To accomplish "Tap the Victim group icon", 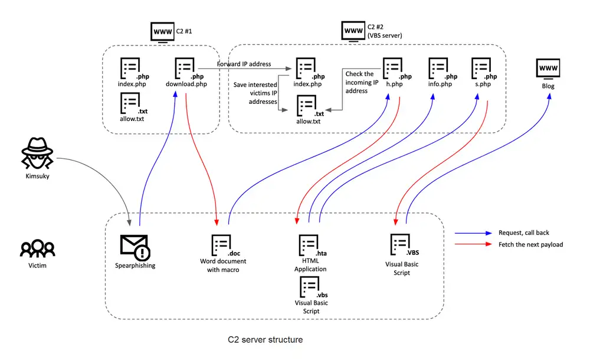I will (x=37, y=248).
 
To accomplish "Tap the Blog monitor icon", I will (x=548, y=70).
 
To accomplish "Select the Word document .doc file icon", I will (x=221, y=246).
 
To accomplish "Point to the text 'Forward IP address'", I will (x=244, y=64).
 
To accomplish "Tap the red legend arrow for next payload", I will (x=473, y=244).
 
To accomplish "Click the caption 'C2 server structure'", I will (x=265, y=340).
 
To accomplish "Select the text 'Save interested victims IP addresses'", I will (x=255, y=93).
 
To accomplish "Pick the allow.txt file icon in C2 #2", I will (x=307, y=106).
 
